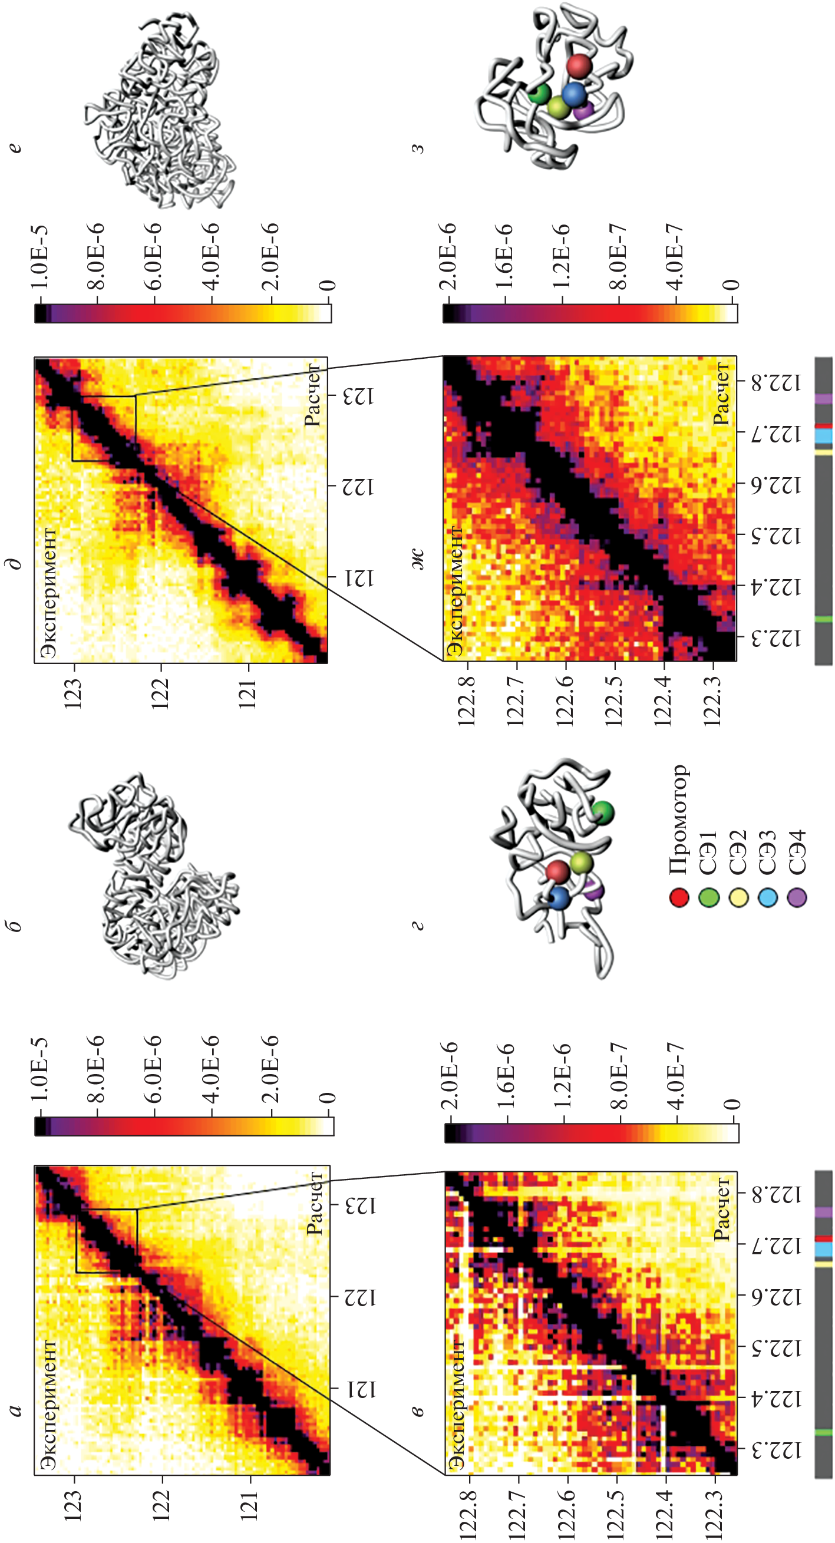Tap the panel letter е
coord(15,146)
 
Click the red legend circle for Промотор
coord(679,897)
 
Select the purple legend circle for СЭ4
coord(797,897)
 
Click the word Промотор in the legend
coord(679,819)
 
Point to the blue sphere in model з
coord(574,94)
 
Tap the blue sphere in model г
coord(558,898)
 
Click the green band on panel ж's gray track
coord(824,618)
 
